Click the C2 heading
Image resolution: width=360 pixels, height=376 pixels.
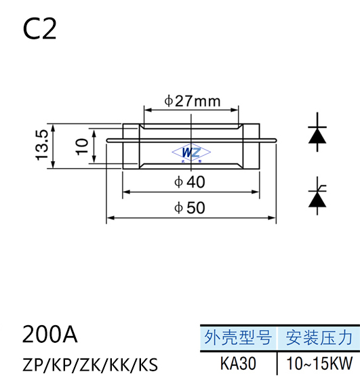39,29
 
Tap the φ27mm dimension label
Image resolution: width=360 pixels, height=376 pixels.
193,101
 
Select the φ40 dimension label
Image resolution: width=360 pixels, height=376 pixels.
190,182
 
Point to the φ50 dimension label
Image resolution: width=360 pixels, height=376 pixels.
190,208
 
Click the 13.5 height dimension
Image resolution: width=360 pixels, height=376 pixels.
42,145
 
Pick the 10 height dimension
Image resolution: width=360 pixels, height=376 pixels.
82,147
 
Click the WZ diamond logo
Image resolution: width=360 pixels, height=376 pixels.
191,152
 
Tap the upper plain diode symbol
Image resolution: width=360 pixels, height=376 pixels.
317,132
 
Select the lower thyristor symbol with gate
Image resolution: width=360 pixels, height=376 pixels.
317,196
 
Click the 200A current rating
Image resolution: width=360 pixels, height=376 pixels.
50,334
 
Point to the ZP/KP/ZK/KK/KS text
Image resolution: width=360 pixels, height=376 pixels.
90,364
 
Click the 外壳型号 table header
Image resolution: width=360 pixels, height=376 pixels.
238,337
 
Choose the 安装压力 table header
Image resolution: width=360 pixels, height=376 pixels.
319,337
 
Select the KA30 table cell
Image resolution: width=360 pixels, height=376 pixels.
238,363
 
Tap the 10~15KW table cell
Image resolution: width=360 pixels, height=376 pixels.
319,363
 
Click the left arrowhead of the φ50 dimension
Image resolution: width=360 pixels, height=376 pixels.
110,217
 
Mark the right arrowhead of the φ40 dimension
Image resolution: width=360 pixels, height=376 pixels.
256,192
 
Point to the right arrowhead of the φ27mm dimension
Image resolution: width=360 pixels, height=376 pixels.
235,110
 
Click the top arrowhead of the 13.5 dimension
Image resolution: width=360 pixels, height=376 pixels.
53,128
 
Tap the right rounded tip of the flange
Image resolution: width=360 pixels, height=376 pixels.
275,140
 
